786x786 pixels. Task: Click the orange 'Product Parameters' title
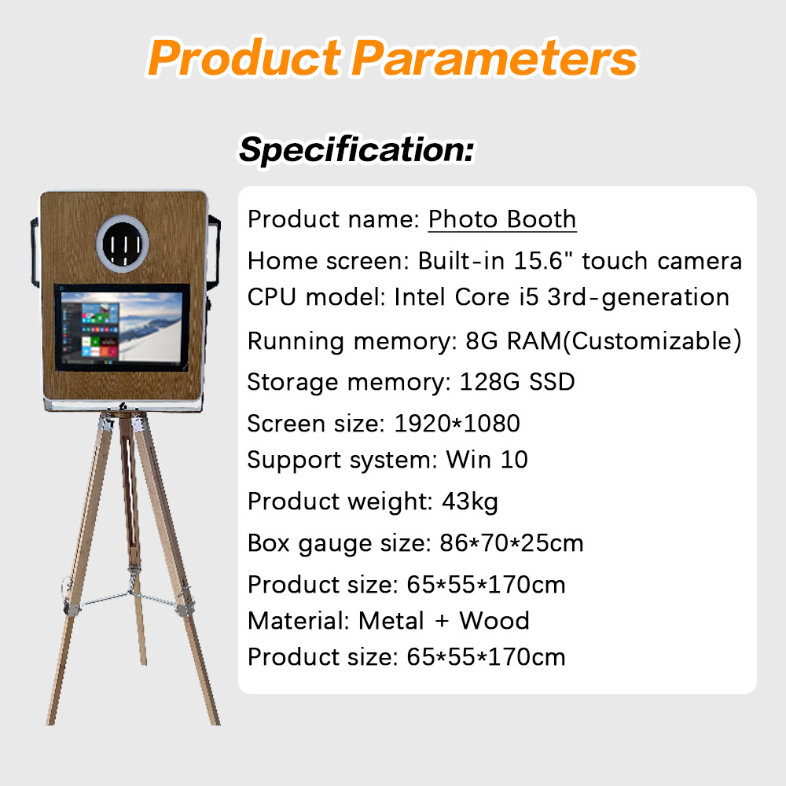[392, 57]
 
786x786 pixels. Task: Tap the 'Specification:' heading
[356, 149]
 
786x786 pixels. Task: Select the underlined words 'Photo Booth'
[502, 219]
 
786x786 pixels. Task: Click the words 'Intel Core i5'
[466, 297]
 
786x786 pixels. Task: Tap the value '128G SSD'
[517, 382]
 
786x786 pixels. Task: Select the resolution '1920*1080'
[457, 424]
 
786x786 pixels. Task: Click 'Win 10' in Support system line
[487, 460]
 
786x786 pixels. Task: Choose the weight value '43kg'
[470, 501]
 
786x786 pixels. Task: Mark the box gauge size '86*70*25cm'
[512, 543]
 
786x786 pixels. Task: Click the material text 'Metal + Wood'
[443, 621]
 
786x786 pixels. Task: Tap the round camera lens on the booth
[123, 244]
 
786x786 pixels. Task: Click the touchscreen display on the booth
[122, 327]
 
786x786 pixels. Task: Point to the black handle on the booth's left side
[34, 252]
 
